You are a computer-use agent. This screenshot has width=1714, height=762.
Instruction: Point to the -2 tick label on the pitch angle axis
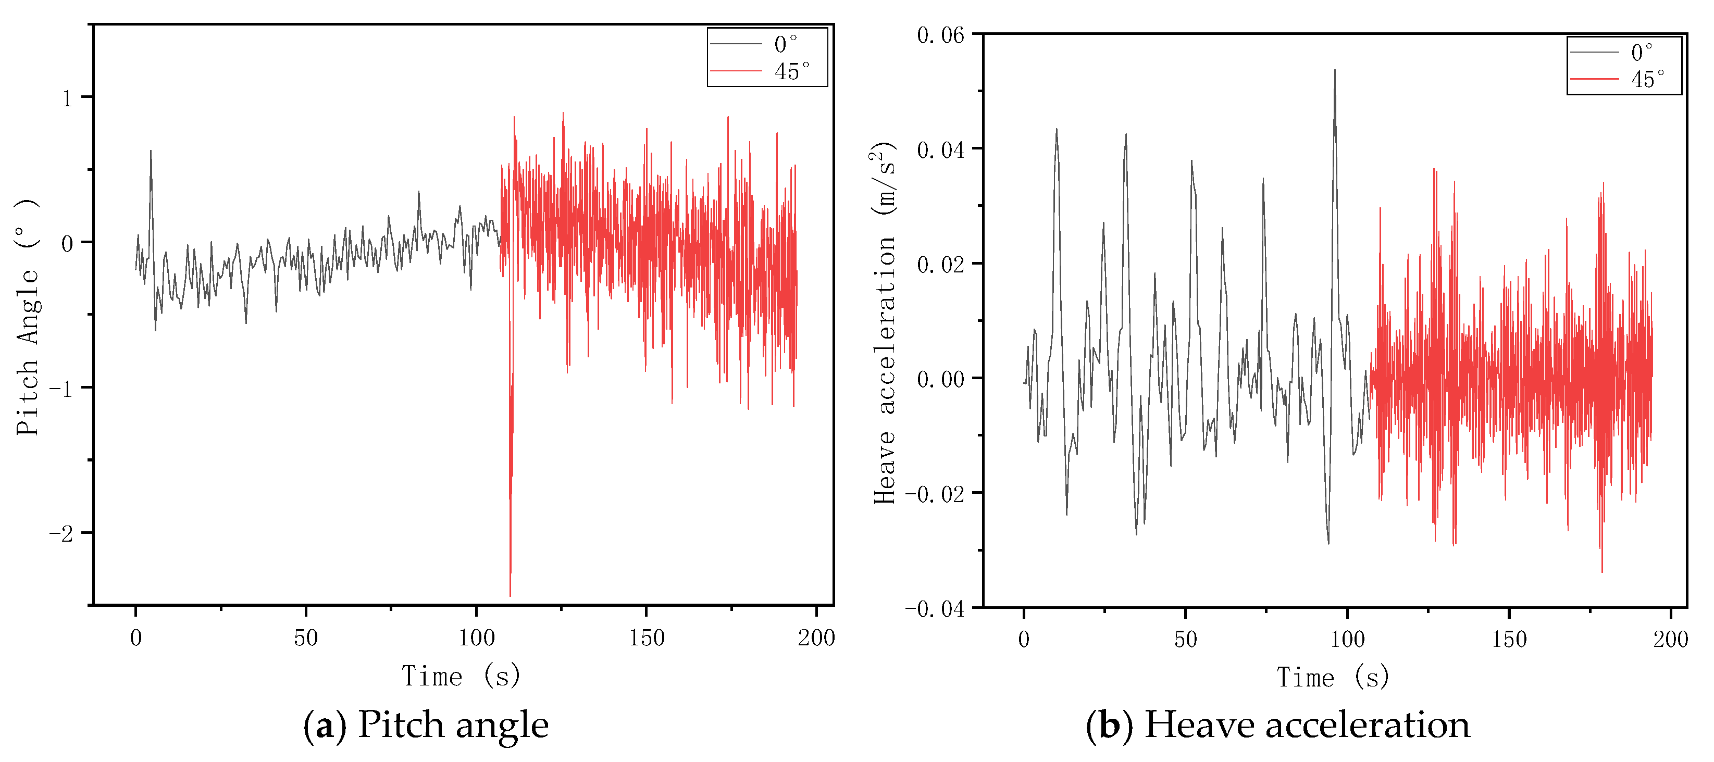click(x=62, y=533)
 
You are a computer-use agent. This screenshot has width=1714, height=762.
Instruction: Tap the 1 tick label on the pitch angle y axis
click(x=67, y=99)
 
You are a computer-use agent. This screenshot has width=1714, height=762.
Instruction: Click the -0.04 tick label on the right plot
click(x=935, y=609)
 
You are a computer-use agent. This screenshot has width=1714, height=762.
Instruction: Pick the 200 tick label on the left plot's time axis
click(x=816, y=638)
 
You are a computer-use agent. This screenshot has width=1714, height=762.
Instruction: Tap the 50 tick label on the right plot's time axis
click(x=1185, y=640)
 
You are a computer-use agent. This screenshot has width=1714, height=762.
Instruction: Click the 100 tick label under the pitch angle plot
click(x=476, y=638)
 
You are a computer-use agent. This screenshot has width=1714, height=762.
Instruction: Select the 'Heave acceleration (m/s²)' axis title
click(x=884, y=323)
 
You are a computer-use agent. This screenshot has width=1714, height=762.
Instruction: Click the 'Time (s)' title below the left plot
click(x=461, y=676)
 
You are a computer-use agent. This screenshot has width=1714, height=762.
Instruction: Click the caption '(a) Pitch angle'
click(x=426, y=724)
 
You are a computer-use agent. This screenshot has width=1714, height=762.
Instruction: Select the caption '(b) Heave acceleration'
click(x=1277, y=724)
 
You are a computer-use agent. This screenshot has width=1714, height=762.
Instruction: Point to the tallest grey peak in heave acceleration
click(x=1334, y=70)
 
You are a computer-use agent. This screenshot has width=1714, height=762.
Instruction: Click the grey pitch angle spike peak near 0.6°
click(x=151, y=151)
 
